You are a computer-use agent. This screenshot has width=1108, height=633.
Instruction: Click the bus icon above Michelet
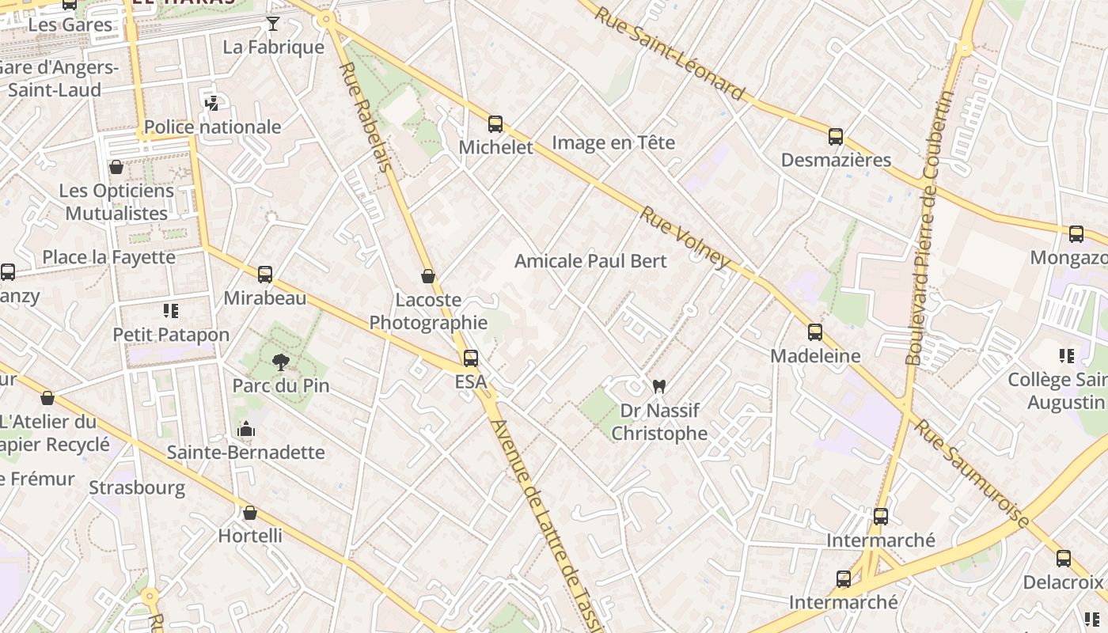click(x=495, y=123)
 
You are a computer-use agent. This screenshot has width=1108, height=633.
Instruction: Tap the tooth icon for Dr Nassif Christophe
click(x=658, y=386)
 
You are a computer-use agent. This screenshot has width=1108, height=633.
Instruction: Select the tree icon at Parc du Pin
click(x=280, y=362)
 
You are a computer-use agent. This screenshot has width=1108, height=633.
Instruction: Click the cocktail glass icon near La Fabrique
click(x=273, y=23)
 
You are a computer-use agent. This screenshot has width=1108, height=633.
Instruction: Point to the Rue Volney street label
click(x=685, y=237)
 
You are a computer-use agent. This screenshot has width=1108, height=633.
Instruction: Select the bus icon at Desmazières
click(x=836, y=136)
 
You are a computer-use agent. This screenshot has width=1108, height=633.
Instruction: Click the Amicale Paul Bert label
click(x=590, y=261)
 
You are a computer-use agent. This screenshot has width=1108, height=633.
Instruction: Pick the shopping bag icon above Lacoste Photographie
click(x=428, y=276)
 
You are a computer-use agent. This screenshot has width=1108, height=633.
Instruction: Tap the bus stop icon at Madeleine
click(x=815, y=332)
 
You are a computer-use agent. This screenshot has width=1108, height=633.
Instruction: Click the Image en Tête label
click(x=613, y=143)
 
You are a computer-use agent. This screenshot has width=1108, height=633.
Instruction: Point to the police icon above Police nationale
click(x=211, y=103)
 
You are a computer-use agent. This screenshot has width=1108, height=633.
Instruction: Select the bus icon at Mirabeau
click(x=265, y=274)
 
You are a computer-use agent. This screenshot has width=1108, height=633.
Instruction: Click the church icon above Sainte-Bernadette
click(x=246, y=429)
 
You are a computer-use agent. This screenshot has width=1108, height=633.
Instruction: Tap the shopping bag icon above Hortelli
click(x=250, y=513)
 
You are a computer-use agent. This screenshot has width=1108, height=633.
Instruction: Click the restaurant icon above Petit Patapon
click(x=171, y=310)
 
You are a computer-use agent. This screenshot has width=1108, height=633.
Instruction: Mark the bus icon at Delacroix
click(x=1064, y=558)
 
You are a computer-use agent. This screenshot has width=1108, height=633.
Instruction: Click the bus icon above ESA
click(x=471, y=358)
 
